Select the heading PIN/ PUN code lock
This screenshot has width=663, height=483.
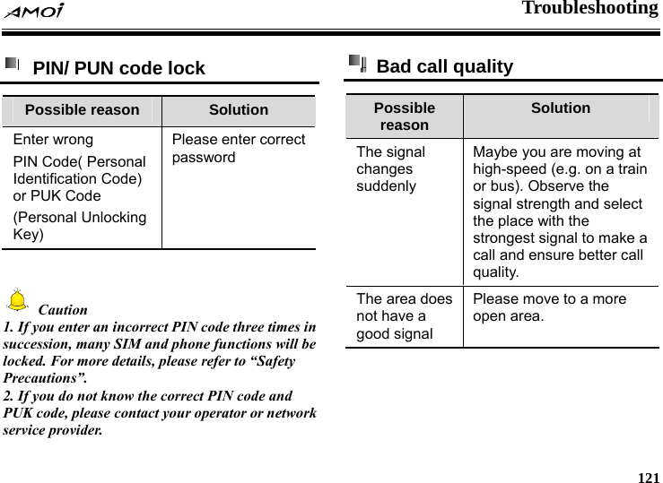click(x=119, y=68)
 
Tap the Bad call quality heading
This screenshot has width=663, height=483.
click(x=445, y=66)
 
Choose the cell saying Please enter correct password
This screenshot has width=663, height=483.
click(x=238, y=149)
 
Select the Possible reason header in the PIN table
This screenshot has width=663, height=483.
click(x=82, y=110)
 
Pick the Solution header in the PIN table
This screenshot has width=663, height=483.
click(x=239, y=110)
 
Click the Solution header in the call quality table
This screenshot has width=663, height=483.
click(x=561, y=108)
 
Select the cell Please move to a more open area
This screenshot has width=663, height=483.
click(x=549, y=307)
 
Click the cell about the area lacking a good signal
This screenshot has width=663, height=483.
click(x=404, y=316)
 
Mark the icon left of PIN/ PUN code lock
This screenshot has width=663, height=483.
click(x=13, y=65)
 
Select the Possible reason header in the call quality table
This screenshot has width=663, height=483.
click(x=404, y=116)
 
